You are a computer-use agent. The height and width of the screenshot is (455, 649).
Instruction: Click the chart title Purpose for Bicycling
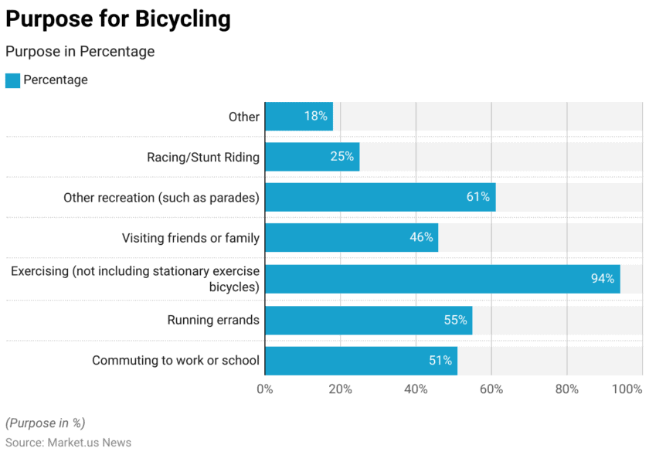(x=118, y=19)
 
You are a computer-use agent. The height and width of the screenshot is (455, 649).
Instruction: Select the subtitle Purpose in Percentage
(x=80, y=52)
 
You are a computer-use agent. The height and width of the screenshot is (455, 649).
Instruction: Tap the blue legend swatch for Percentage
(x=12, y=80)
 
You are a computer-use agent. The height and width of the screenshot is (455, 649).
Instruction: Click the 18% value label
(x=315, y=116)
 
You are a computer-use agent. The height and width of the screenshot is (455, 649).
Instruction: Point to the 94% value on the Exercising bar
(x=603, y=278)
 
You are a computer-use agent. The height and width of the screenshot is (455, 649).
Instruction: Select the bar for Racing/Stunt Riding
(x=311, y=157)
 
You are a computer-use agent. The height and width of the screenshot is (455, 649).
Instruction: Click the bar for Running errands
(x=368, y=320)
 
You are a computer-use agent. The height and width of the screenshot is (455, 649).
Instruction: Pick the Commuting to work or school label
(x=175, y=361)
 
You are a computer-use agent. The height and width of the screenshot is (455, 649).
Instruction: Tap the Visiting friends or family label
(x=190, y=238)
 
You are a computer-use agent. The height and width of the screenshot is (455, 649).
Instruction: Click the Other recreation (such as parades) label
(x=161, y=198)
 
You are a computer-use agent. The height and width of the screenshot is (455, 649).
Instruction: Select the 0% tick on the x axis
(x=265, y=389)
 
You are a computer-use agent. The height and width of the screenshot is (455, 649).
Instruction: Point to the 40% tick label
(x=416, y=389)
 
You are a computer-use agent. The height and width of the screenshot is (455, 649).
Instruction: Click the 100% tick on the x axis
(x=627, y=389)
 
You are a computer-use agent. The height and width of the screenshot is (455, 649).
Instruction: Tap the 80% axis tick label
(x=566, y=389)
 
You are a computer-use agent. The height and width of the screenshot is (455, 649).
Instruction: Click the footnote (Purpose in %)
(x=45, y=423)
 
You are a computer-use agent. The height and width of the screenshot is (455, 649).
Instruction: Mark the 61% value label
(x=477, y=197)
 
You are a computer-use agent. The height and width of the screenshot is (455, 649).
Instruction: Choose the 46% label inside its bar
(x=421, y=237)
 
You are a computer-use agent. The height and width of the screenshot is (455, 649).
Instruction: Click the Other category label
(x=243, y=117)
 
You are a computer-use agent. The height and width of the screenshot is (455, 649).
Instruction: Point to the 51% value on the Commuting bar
(x=440, y=361)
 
